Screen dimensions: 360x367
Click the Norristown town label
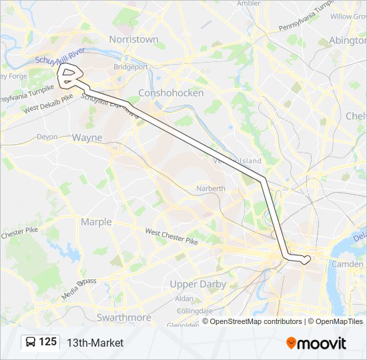tap(133, 39)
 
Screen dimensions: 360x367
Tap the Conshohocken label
tap(170, 93)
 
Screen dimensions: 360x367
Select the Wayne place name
tap(87, 137)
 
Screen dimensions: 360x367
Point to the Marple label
tap(96, 221)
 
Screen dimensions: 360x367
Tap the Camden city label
tap(347, 264)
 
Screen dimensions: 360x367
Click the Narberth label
tap(211, 189)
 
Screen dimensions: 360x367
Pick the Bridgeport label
tap(131, 67)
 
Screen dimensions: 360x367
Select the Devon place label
tap(47, 136)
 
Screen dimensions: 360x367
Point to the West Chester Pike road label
tap(171, 236)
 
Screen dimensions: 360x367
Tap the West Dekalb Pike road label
tap(48, 107)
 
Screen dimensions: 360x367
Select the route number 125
tap(48, 342)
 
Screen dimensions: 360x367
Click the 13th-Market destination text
tap(95, 343)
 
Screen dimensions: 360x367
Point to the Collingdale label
tap(195, 311)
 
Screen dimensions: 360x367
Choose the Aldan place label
tap(184, 299)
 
